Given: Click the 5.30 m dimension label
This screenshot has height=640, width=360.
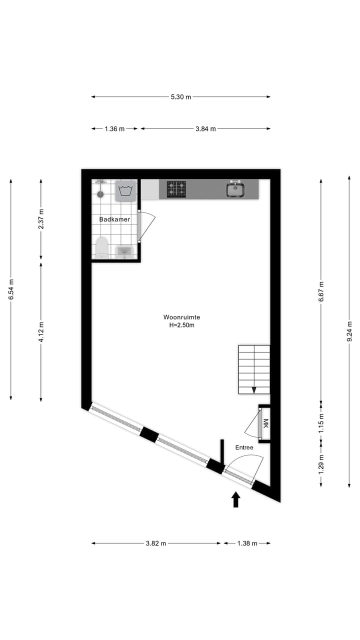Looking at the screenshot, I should [181, 97].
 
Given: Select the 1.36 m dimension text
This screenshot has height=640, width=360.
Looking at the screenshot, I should [114, 129].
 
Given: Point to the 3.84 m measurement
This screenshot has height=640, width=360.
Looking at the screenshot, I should [205, 129].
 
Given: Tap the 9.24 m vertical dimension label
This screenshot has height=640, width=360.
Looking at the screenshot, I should [349, 331].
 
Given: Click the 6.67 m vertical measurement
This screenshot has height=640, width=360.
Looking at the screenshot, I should [321, 291].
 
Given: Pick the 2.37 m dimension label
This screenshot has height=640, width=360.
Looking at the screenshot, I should [41, 219].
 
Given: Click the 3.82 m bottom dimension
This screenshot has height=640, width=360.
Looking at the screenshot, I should [155, 543].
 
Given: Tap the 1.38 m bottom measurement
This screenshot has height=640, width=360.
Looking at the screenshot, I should [247, 543].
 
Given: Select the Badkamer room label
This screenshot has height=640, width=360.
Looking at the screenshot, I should [114, 219].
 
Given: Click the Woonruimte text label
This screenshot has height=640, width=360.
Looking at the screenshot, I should [181, 317].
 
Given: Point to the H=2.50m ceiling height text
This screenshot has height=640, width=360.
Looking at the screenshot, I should [181, 325].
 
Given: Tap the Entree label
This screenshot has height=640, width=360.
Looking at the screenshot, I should [244, 447].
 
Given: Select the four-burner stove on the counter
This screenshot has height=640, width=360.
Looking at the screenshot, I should [176, 189].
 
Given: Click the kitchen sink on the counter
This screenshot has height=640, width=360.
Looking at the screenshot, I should [235, 189].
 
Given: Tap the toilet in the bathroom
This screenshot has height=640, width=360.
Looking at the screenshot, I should [102, 247].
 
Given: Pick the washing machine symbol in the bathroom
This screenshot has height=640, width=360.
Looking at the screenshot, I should [125, 190].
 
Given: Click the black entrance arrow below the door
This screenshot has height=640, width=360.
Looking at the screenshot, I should [236, 499].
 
